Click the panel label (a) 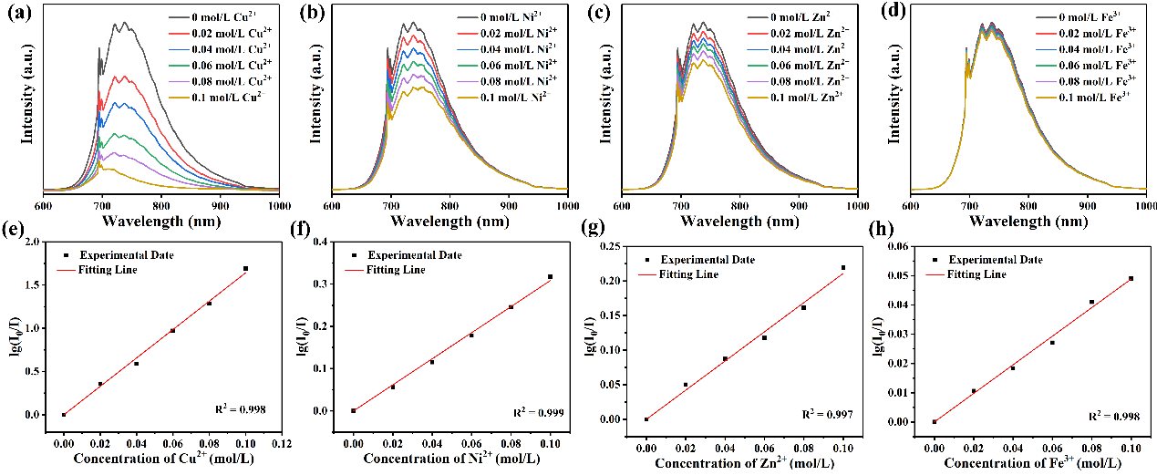click(x=13, y=10)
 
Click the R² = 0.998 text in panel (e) click(x=247, y=410)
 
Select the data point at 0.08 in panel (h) click(x=1091, y=302)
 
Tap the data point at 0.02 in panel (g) click(x=686, y=385)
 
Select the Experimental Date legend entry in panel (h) click(x=994, y=260)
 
